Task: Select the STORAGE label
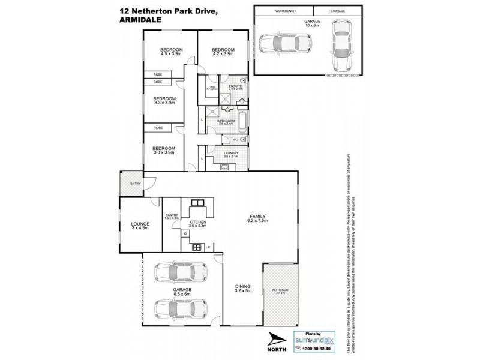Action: tap(340, 11)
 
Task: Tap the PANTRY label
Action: tap(172, 216)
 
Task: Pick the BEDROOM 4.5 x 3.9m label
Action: tap(171, 52)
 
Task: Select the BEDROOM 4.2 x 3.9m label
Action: tap(222, 52)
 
